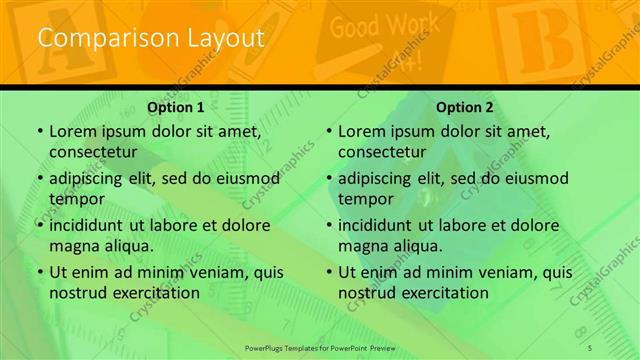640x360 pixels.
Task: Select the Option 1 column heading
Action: point(176,107)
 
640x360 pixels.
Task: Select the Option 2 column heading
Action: point(465,107)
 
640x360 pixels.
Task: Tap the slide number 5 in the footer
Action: point(591,347)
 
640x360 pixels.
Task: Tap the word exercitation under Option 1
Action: point(152,293)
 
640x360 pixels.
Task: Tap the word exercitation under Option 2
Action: point(441,293)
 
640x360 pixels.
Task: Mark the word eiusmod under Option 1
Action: point(245,179)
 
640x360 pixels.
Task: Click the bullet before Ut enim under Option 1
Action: point(39,272)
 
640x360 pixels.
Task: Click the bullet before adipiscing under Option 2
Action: point(328,179)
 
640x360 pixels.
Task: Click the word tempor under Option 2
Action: point(362,199)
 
